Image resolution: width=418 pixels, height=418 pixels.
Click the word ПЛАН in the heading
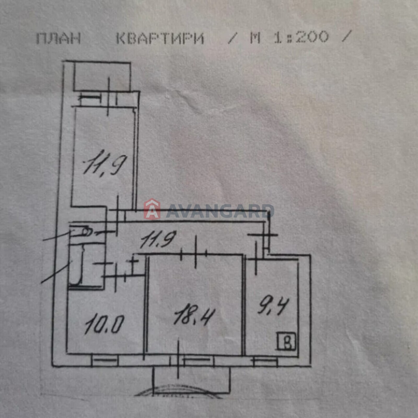point(58,38)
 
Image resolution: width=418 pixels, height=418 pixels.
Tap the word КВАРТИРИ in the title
point(160,38)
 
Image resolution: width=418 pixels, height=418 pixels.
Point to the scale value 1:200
point(301,37)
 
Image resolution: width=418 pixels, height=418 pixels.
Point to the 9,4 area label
point(273,306)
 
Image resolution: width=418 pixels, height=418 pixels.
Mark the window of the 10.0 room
point(105,361)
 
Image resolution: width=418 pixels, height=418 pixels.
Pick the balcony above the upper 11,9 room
point(102,76)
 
